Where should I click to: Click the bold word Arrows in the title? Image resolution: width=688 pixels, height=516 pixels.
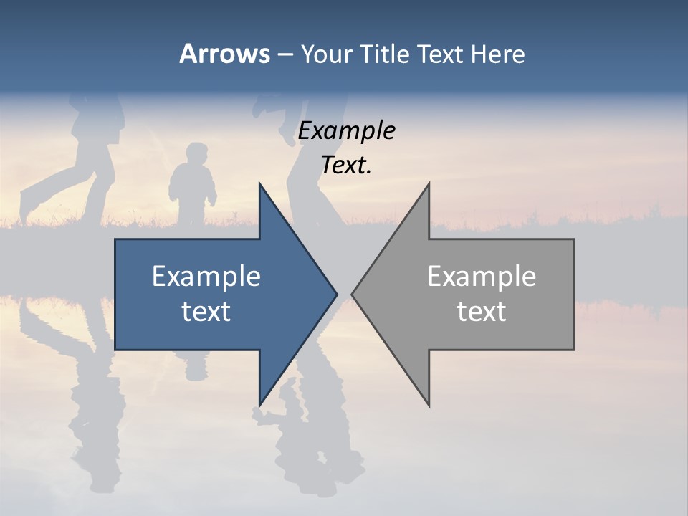[x=224, y=54]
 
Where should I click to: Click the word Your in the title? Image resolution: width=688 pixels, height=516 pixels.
[x=327, y=54]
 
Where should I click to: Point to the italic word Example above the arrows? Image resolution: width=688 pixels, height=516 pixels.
[x=346, y=131]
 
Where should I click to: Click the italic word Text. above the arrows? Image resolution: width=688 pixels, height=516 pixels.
[x=346, y=166]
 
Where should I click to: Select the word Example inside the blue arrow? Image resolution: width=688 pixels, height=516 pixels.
[x=206, y=277]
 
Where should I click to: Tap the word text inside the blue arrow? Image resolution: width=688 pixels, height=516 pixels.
[x=206, y=312]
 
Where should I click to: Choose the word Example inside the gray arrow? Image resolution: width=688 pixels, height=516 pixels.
[x=482, y=277]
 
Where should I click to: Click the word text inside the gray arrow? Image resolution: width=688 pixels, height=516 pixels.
[x=482, y=312]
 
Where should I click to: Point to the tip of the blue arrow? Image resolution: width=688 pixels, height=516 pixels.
[x=336, y=294]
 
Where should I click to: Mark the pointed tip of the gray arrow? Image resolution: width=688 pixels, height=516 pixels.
[x=353, y=294]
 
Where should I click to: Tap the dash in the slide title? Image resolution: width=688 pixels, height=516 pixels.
[x=285, y=54]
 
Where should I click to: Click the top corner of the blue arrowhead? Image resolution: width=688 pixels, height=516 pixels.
[x=259, y=184]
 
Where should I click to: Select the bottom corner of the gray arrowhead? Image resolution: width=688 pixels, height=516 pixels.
[x=429, y=405]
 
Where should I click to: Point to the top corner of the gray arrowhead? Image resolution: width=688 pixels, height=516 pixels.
[x=429, y=184]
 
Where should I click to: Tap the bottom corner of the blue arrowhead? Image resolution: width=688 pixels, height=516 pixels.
[x=259, y=405]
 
